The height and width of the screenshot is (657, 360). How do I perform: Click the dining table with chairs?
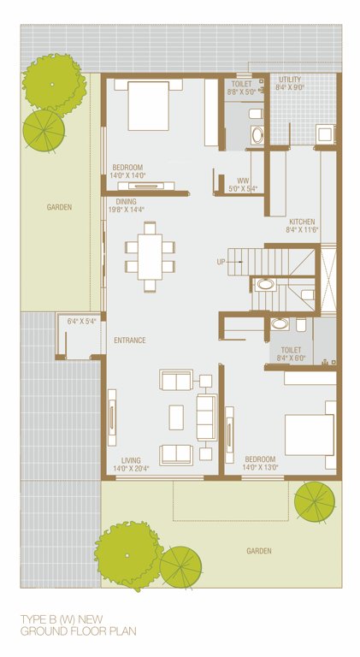[150, 256]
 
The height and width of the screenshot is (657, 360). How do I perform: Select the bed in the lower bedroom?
[309, 434]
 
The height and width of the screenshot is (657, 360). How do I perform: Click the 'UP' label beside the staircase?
[221, 262]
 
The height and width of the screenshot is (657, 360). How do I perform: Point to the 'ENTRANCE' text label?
[130, 340]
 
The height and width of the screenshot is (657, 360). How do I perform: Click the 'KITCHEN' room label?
[302, 221]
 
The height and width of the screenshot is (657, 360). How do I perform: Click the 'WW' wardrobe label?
[243, 181]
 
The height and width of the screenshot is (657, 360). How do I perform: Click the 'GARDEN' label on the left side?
[59, 207]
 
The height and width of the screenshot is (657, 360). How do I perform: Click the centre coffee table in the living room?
[176, 417]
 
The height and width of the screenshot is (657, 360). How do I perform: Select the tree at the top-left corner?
[53, 83]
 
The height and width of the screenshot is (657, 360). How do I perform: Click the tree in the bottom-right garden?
[315, 501]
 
